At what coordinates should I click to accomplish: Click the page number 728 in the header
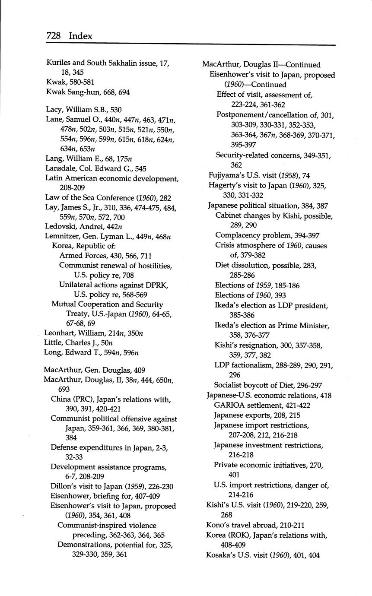(54, 36)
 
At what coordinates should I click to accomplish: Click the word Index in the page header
(80, 36)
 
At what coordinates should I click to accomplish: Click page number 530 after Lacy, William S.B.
(116, 110)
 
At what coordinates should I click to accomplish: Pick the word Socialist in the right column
(229, 385)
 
